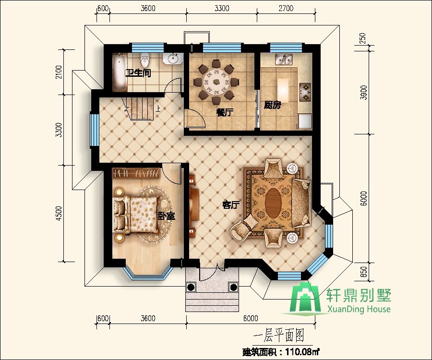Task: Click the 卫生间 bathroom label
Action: point(138,73)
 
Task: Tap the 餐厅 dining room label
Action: point(224,112)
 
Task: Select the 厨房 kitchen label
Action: point(272,105)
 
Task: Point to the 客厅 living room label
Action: point(231,205)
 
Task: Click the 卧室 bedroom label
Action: point(167,216)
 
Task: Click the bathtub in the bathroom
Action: point(119,72)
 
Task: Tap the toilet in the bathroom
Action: point(144,61)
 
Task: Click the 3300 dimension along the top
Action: point(222,8)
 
